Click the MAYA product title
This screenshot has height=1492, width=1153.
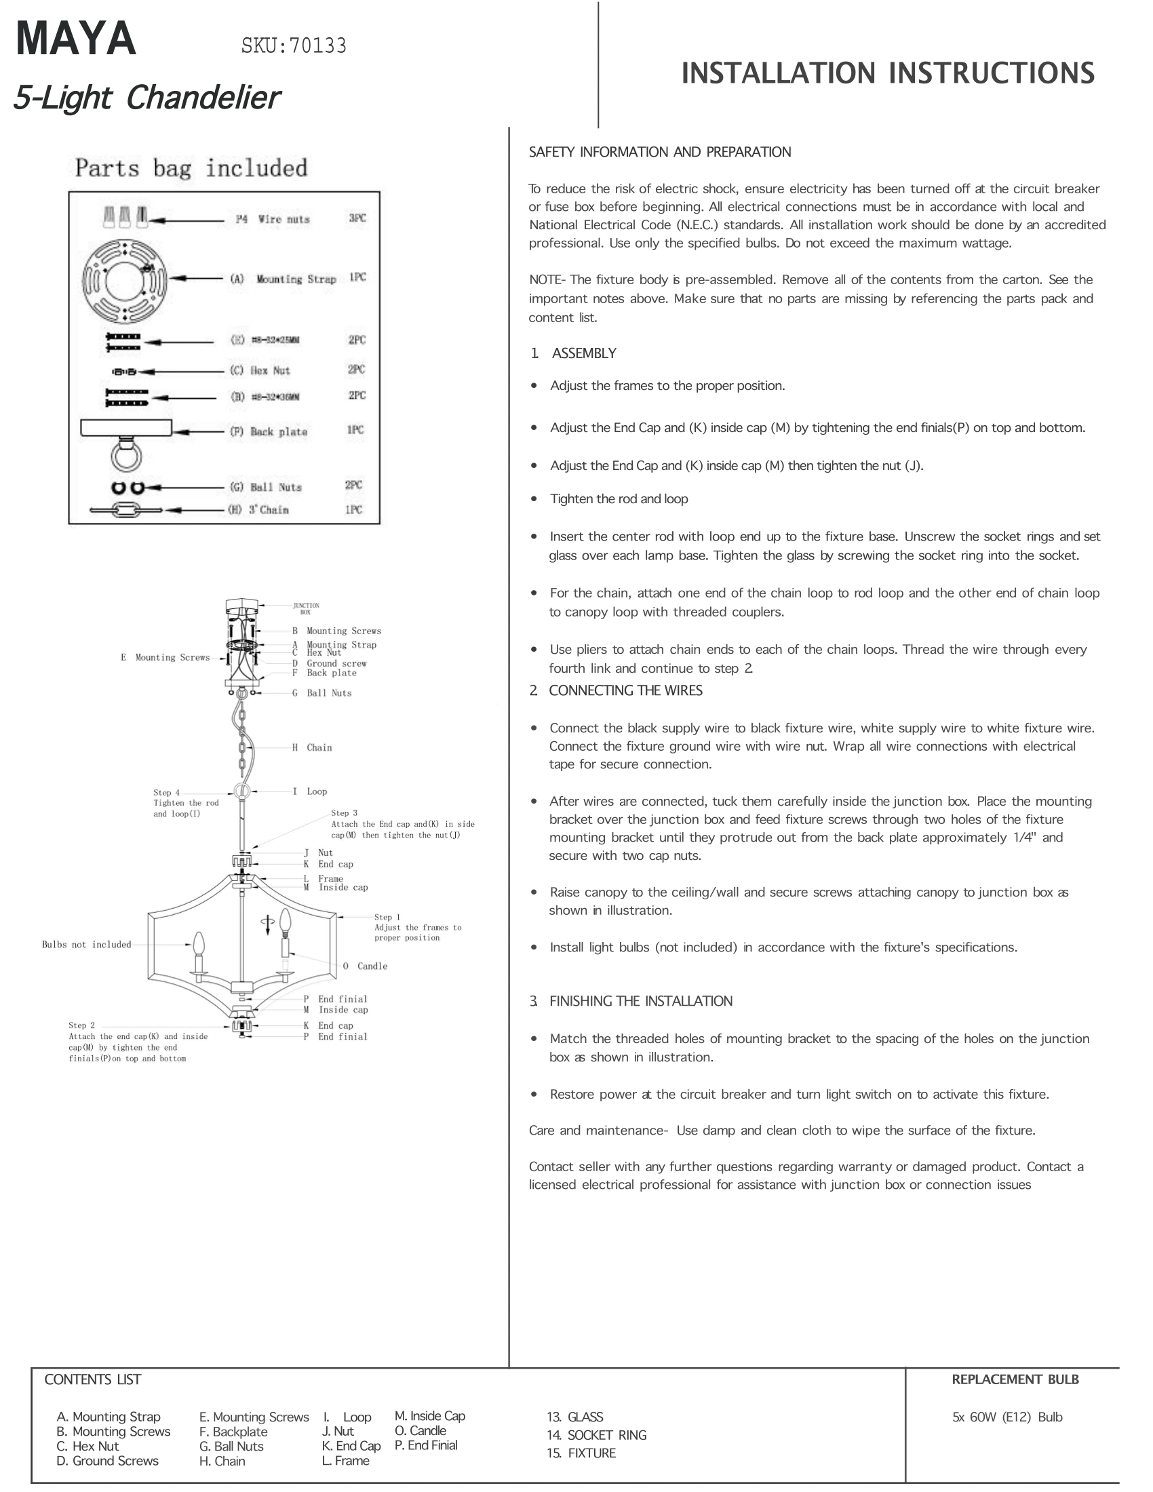[x=76, y=39]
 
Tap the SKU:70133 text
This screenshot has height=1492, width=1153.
[x=294, y=45]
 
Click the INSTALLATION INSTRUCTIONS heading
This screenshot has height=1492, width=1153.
[x=887, y=74]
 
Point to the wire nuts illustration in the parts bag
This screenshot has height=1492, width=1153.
[x=125, y=217]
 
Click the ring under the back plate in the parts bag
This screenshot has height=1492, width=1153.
[x=125, y=456]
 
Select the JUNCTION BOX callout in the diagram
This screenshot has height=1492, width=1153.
[x=305, y=608]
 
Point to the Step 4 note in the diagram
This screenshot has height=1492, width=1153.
[x=185, y=804]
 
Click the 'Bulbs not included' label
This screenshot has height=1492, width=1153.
[x=86, y=945]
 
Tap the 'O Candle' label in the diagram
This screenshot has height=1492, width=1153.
[x=365, y=966]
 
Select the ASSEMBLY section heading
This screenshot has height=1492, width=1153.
[x=583, y=353]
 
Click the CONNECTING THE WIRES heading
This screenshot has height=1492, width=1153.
[x=625, y=690]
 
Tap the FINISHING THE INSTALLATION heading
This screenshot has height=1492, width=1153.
[x=640, y=1001]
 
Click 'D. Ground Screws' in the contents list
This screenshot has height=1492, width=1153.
[x=108, y=1461]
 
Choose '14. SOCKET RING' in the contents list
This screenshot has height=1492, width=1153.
[x=596, y=1434]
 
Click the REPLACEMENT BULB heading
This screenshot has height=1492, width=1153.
[x=1015, y=1379]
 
